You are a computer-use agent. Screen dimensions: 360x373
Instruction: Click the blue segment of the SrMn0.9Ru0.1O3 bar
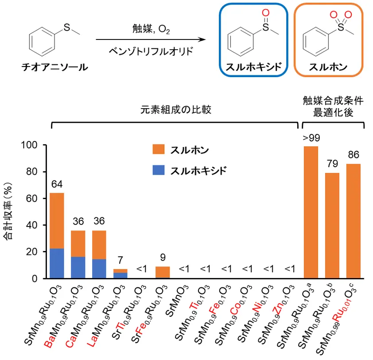pyautogui.click(x=56, y=263)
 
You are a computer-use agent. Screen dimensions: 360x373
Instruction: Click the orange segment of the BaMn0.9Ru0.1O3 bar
pyautogui.click(x=78, y=243)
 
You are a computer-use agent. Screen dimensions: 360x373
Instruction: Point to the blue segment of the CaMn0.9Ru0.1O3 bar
pyautogui.click(x=99, y=269)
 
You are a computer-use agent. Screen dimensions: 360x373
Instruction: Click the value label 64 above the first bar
pyautogui.click(x=57, y=184)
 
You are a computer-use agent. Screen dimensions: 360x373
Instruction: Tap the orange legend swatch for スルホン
pyautogui.click(x=158, y=149)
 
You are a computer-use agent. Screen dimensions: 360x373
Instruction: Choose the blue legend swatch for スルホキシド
pyautogui.click(x=158, y=169)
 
